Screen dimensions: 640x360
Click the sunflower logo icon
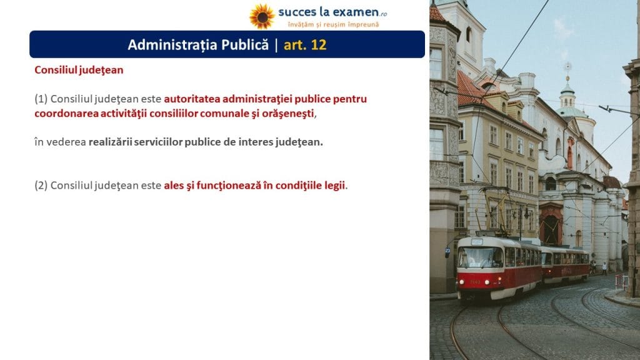click(262, 16)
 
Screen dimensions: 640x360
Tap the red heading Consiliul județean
click(79, 70)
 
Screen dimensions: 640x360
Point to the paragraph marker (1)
click(41, 99)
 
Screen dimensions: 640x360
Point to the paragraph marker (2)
click(41, 186)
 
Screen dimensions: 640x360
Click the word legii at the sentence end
click(335, 186)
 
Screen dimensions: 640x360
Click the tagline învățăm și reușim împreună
click(334, 24)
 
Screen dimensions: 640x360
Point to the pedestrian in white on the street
click(604, 268)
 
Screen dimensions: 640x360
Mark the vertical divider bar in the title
click(276, 45)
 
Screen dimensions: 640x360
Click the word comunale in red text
click(224, 114)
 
